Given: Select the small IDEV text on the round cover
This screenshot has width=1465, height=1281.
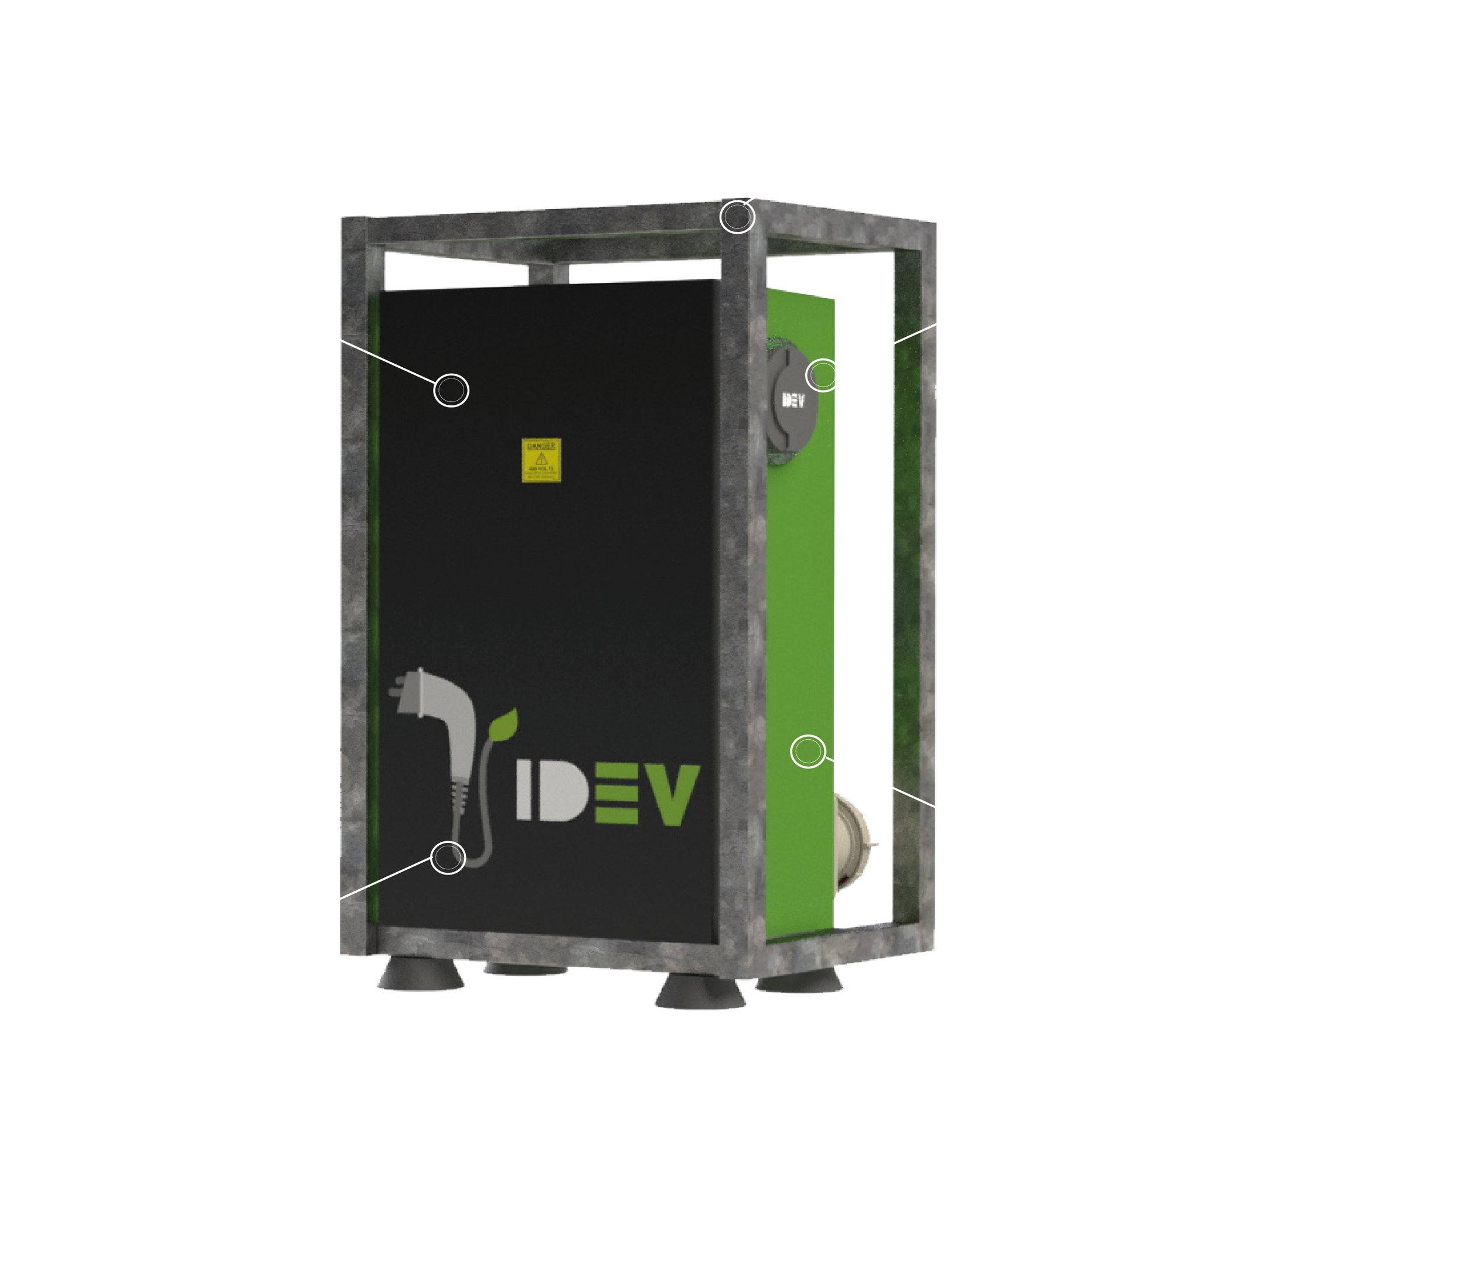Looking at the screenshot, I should click(792, 399).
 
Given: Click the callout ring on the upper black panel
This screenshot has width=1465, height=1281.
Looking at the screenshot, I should click(451, 390).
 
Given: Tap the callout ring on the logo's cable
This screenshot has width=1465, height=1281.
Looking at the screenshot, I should click(448, 856).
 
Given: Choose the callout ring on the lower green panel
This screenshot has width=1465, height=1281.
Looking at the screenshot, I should click(808, 751).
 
